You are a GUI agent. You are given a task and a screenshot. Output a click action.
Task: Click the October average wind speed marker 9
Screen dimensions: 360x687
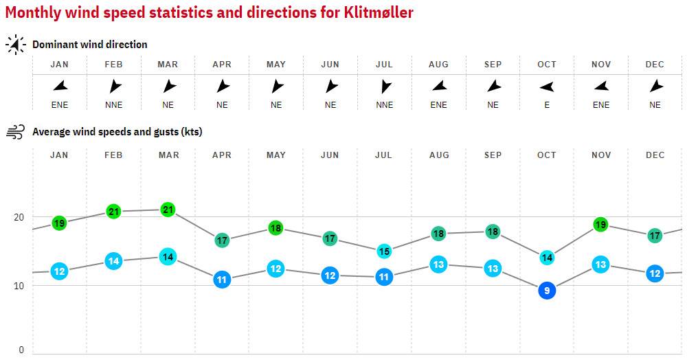tap(547, 291)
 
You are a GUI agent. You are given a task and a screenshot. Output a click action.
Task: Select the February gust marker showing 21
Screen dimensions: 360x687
tap(113, 212)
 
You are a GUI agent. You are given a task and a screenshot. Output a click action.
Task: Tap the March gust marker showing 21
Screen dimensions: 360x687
tap(168, 210)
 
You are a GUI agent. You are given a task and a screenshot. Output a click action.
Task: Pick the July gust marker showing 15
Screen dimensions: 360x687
tap(384, 251)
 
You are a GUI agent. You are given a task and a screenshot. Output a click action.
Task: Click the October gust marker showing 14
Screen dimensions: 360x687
tap(547, 258)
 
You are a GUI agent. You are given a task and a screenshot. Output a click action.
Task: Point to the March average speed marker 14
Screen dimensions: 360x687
tap(168, 257)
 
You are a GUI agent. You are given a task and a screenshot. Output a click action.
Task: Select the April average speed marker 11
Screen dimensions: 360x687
tap(222, 280)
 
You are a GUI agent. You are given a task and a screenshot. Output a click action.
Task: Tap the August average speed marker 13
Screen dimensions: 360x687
tap(438, 265)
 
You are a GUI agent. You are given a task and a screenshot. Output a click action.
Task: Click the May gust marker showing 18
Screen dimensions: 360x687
tap(276, 228)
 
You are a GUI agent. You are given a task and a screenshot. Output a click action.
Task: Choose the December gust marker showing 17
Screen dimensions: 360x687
tap(655, 236)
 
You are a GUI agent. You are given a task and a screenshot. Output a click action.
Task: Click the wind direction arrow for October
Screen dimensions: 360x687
tap(547, 87)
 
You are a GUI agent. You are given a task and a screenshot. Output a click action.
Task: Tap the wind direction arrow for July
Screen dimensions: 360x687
tap(385, 87)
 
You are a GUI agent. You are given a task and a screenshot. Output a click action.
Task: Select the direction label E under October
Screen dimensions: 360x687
tap(547, 105)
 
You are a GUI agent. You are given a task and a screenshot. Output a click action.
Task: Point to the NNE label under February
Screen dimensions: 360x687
tap(113, 105)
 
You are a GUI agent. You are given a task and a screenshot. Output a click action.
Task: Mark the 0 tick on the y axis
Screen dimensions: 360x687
tap(21, 350)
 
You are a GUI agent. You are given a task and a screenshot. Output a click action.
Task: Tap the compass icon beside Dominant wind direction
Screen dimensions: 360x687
tap(15, 45)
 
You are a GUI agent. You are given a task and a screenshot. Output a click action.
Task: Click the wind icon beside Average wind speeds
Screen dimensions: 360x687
tap(15, 132)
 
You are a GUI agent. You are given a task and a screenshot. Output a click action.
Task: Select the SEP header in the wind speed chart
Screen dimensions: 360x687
tap(493, 155)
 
